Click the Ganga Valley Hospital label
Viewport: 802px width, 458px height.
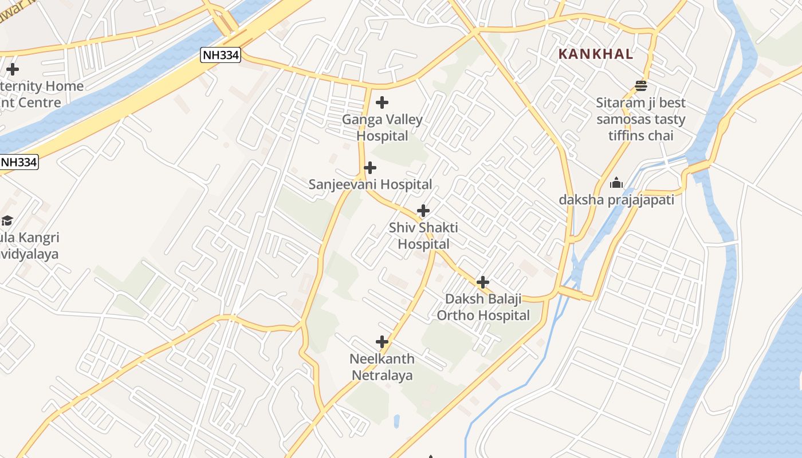[x=382, y=128]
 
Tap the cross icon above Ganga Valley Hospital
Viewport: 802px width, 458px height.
[x=382, y=103]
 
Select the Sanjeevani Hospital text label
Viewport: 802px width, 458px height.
[x=370, y=184]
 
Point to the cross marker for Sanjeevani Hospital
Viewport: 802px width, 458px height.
[x=371, y=168]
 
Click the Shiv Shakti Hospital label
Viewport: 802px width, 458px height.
[x=423, y=236]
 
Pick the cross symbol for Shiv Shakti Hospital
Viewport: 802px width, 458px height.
[x=423, y=211]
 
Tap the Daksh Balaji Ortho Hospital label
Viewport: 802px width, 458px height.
[x=483, y=307]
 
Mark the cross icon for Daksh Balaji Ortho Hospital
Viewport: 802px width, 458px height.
[x=483, y=282]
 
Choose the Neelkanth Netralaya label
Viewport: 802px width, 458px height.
[x=382, y=367]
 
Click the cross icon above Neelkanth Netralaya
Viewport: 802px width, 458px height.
[x=382, y=342]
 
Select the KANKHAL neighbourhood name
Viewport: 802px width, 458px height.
[x=596, y=54]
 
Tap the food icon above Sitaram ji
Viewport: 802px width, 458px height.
[x=641, y=86]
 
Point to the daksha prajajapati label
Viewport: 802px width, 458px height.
[x=616, y=200]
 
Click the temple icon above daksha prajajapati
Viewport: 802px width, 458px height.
[x=616, y=183]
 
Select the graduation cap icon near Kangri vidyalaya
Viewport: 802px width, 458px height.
[x=7, y=220]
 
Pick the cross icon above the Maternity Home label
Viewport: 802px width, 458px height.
[x=13, y=70]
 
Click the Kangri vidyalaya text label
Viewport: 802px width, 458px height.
[x=30, y=246]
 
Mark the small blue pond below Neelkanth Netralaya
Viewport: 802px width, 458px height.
[x=396, y=421]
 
